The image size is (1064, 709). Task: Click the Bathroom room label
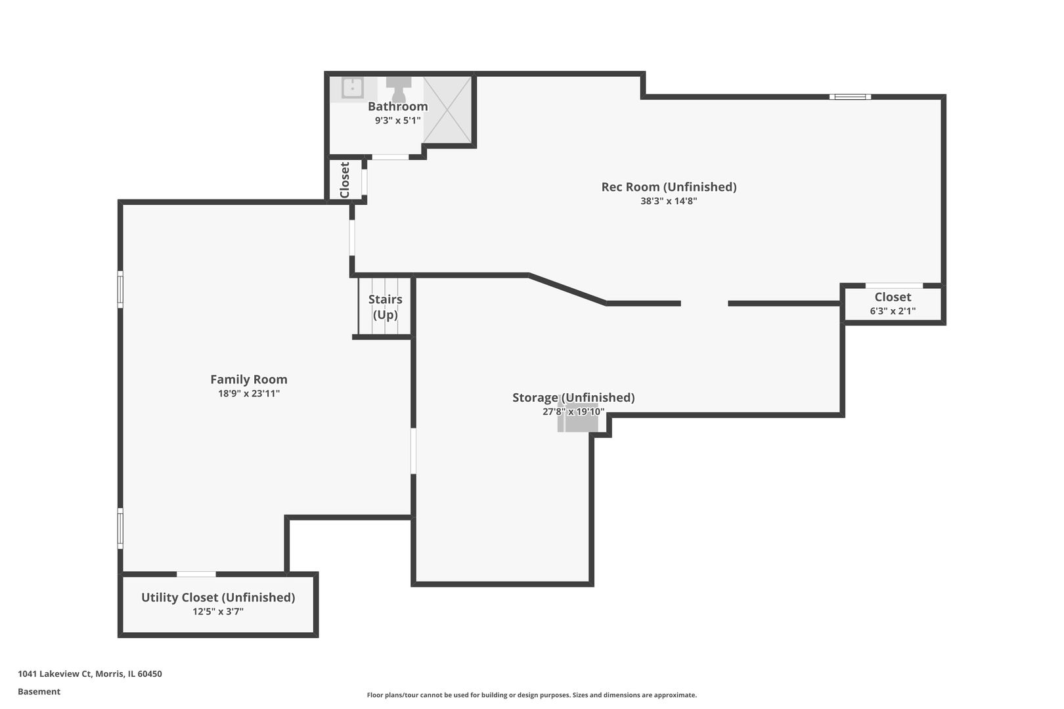(x=397, y=106)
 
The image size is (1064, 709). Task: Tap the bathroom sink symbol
(x=353, y=88)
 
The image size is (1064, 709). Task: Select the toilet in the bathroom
(x=399, y=89)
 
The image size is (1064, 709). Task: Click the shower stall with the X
(x=447, y=110)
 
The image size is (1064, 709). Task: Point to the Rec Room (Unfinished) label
(x=669, y=187)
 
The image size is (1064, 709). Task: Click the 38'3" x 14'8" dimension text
(x=669, y=201)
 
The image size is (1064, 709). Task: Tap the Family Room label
(x=249, y=379)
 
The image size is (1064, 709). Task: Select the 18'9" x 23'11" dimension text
(x=249, y=393)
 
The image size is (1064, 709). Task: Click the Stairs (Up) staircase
(x=384, y=307)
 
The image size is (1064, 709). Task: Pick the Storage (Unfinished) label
(x=573, y=397)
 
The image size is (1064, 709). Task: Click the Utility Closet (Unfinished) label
(x=218, y=597)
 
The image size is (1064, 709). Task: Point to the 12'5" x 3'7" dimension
(x=218, y=611)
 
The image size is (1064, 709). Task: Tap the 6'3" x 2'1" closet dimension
(x=893, y=311)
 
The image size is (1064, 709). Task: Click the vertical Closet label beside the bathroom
(x=345, y=180)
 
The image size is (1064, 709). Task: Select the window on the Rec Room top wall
(x=851, y=97)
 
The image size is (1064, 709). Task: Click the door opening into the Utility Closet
(x=196, y=574)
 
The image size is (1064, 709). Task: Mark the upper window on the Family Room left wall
(x=120, y=290)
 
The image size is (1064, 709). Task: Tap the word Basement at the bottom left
(x=39, y=691)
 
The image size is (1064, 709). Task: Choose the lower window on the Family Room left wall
(x=120, y=528)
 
